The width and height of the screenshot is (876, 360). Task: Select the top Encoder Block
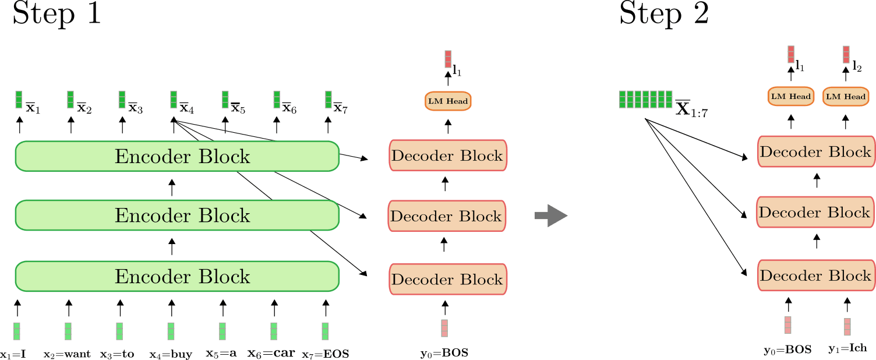[177, 156]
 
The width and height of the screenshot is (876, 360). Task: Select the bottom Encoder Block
[177, 276]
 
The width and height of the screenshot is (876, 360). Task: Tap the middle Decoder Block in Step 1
[447, 216]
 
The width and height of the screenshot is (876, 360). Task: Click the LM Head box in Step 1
[448, 101]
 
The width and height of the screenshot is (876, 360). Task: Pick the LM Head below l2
[846, 97]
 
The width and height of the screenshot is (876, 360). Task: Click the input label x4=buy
[171, 354]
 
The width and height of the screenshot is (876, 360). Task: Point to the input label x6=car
[271, 353]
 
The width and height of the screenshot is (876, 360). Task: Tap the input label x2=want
[67, 354]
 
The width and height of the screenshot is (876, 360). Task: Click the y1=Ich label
[847, 348]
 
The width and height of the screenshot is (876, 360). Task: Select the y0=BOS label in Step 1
[444, 354]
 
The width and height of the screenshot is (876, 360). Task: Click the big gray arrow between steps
[551, 215]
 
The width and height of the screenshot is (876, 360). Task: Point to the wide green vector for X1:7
[646, 100]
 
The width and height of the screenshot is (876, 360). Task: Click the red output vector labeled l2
[846, 55]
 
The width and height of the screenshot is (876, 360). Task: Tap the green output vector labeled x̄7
[328, 100]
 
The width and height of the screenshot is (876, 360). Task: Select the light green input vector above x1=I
[16, 331]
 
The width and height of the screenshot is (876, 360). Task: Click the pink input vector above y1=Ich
[847, 327]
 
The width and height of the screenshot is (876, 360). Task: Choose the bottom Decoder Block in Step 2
[816, 276]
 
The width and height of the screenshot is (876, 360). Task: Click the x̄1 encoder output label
[33, 108]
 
